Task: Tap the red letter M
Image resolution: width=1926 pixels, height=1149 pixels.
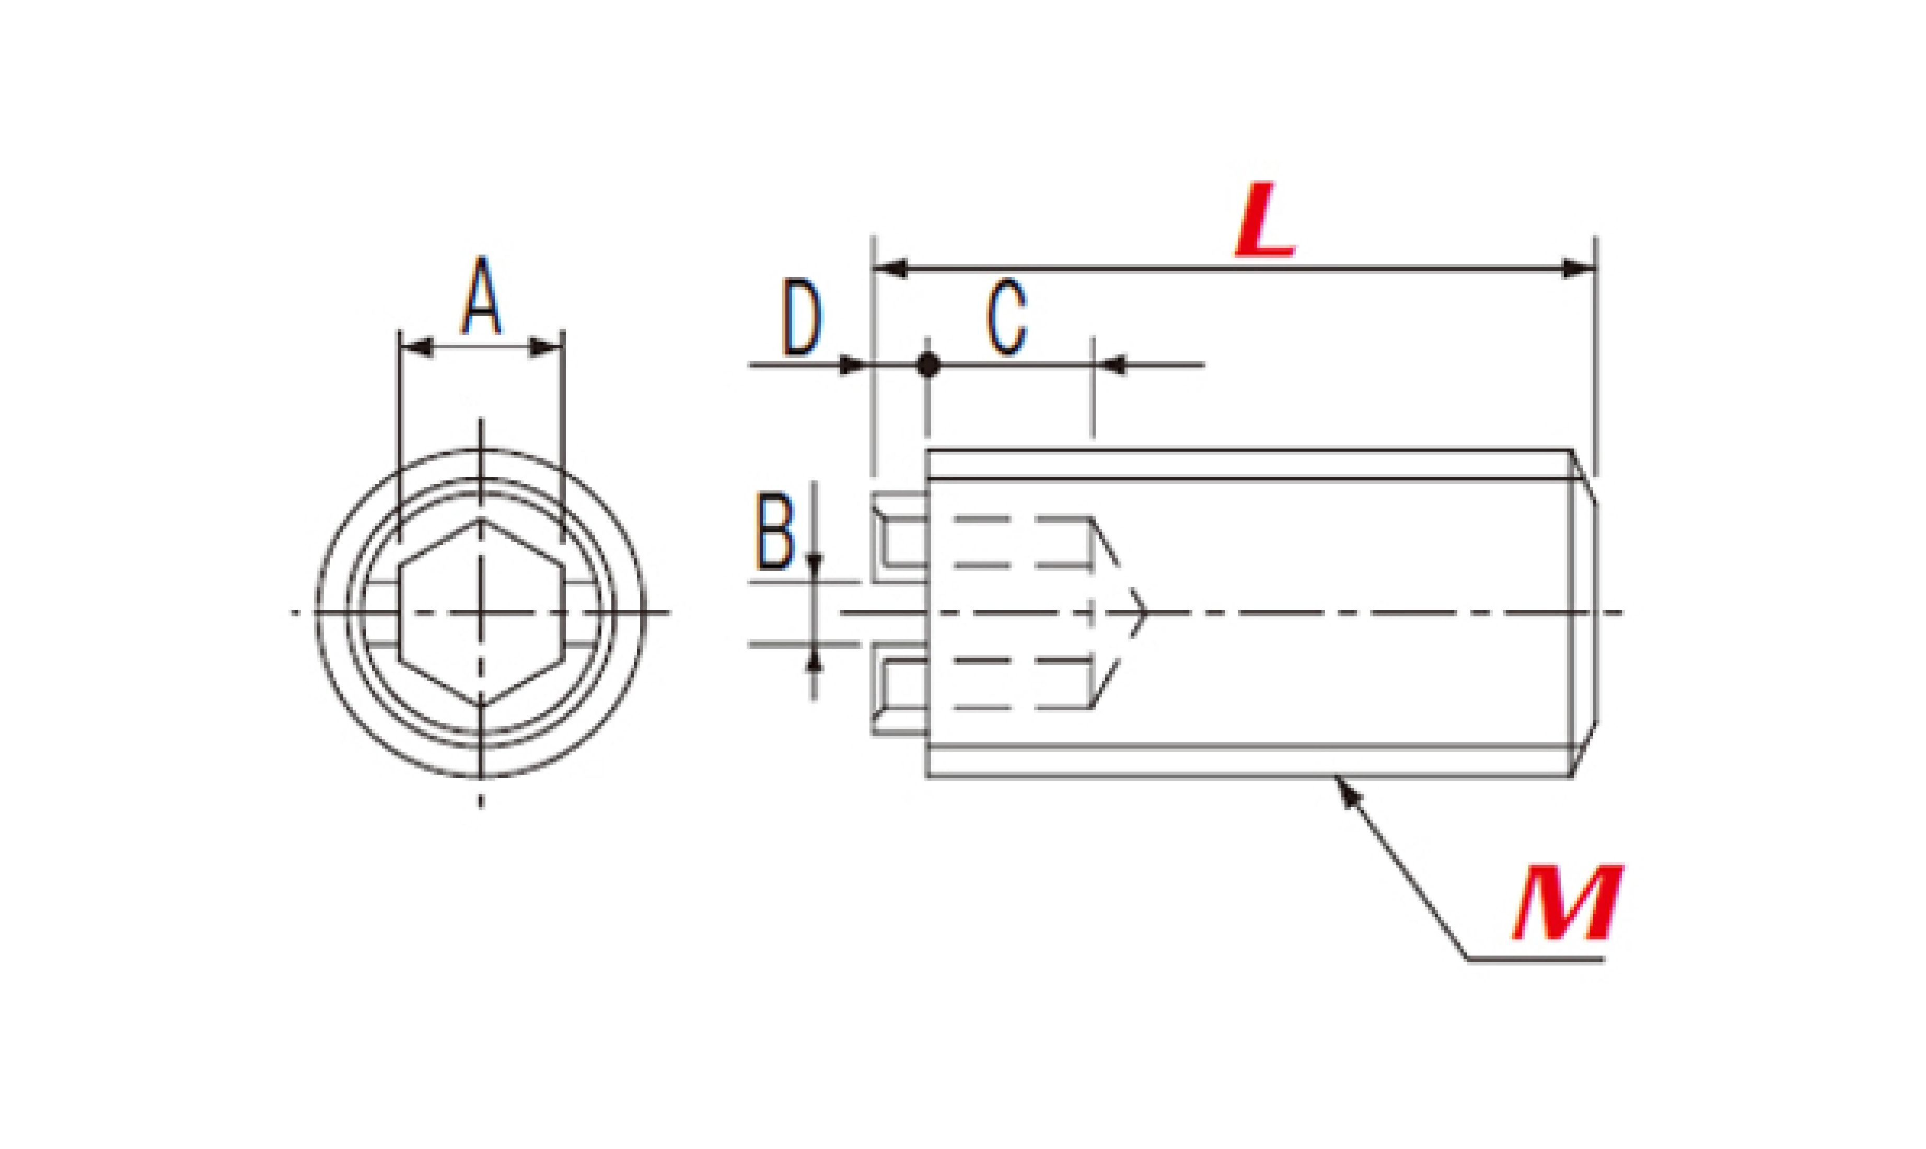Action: tap(1567, 902)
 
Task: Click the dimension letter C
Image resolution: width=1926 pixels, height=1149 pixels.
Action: tap(1007, 318)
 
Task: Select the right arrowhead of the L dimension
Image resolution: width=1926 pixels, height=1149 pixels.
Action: tap(1579, 269)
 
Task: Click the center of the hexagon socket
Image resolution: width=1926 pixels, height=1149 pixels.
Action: tap(481, 613)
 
